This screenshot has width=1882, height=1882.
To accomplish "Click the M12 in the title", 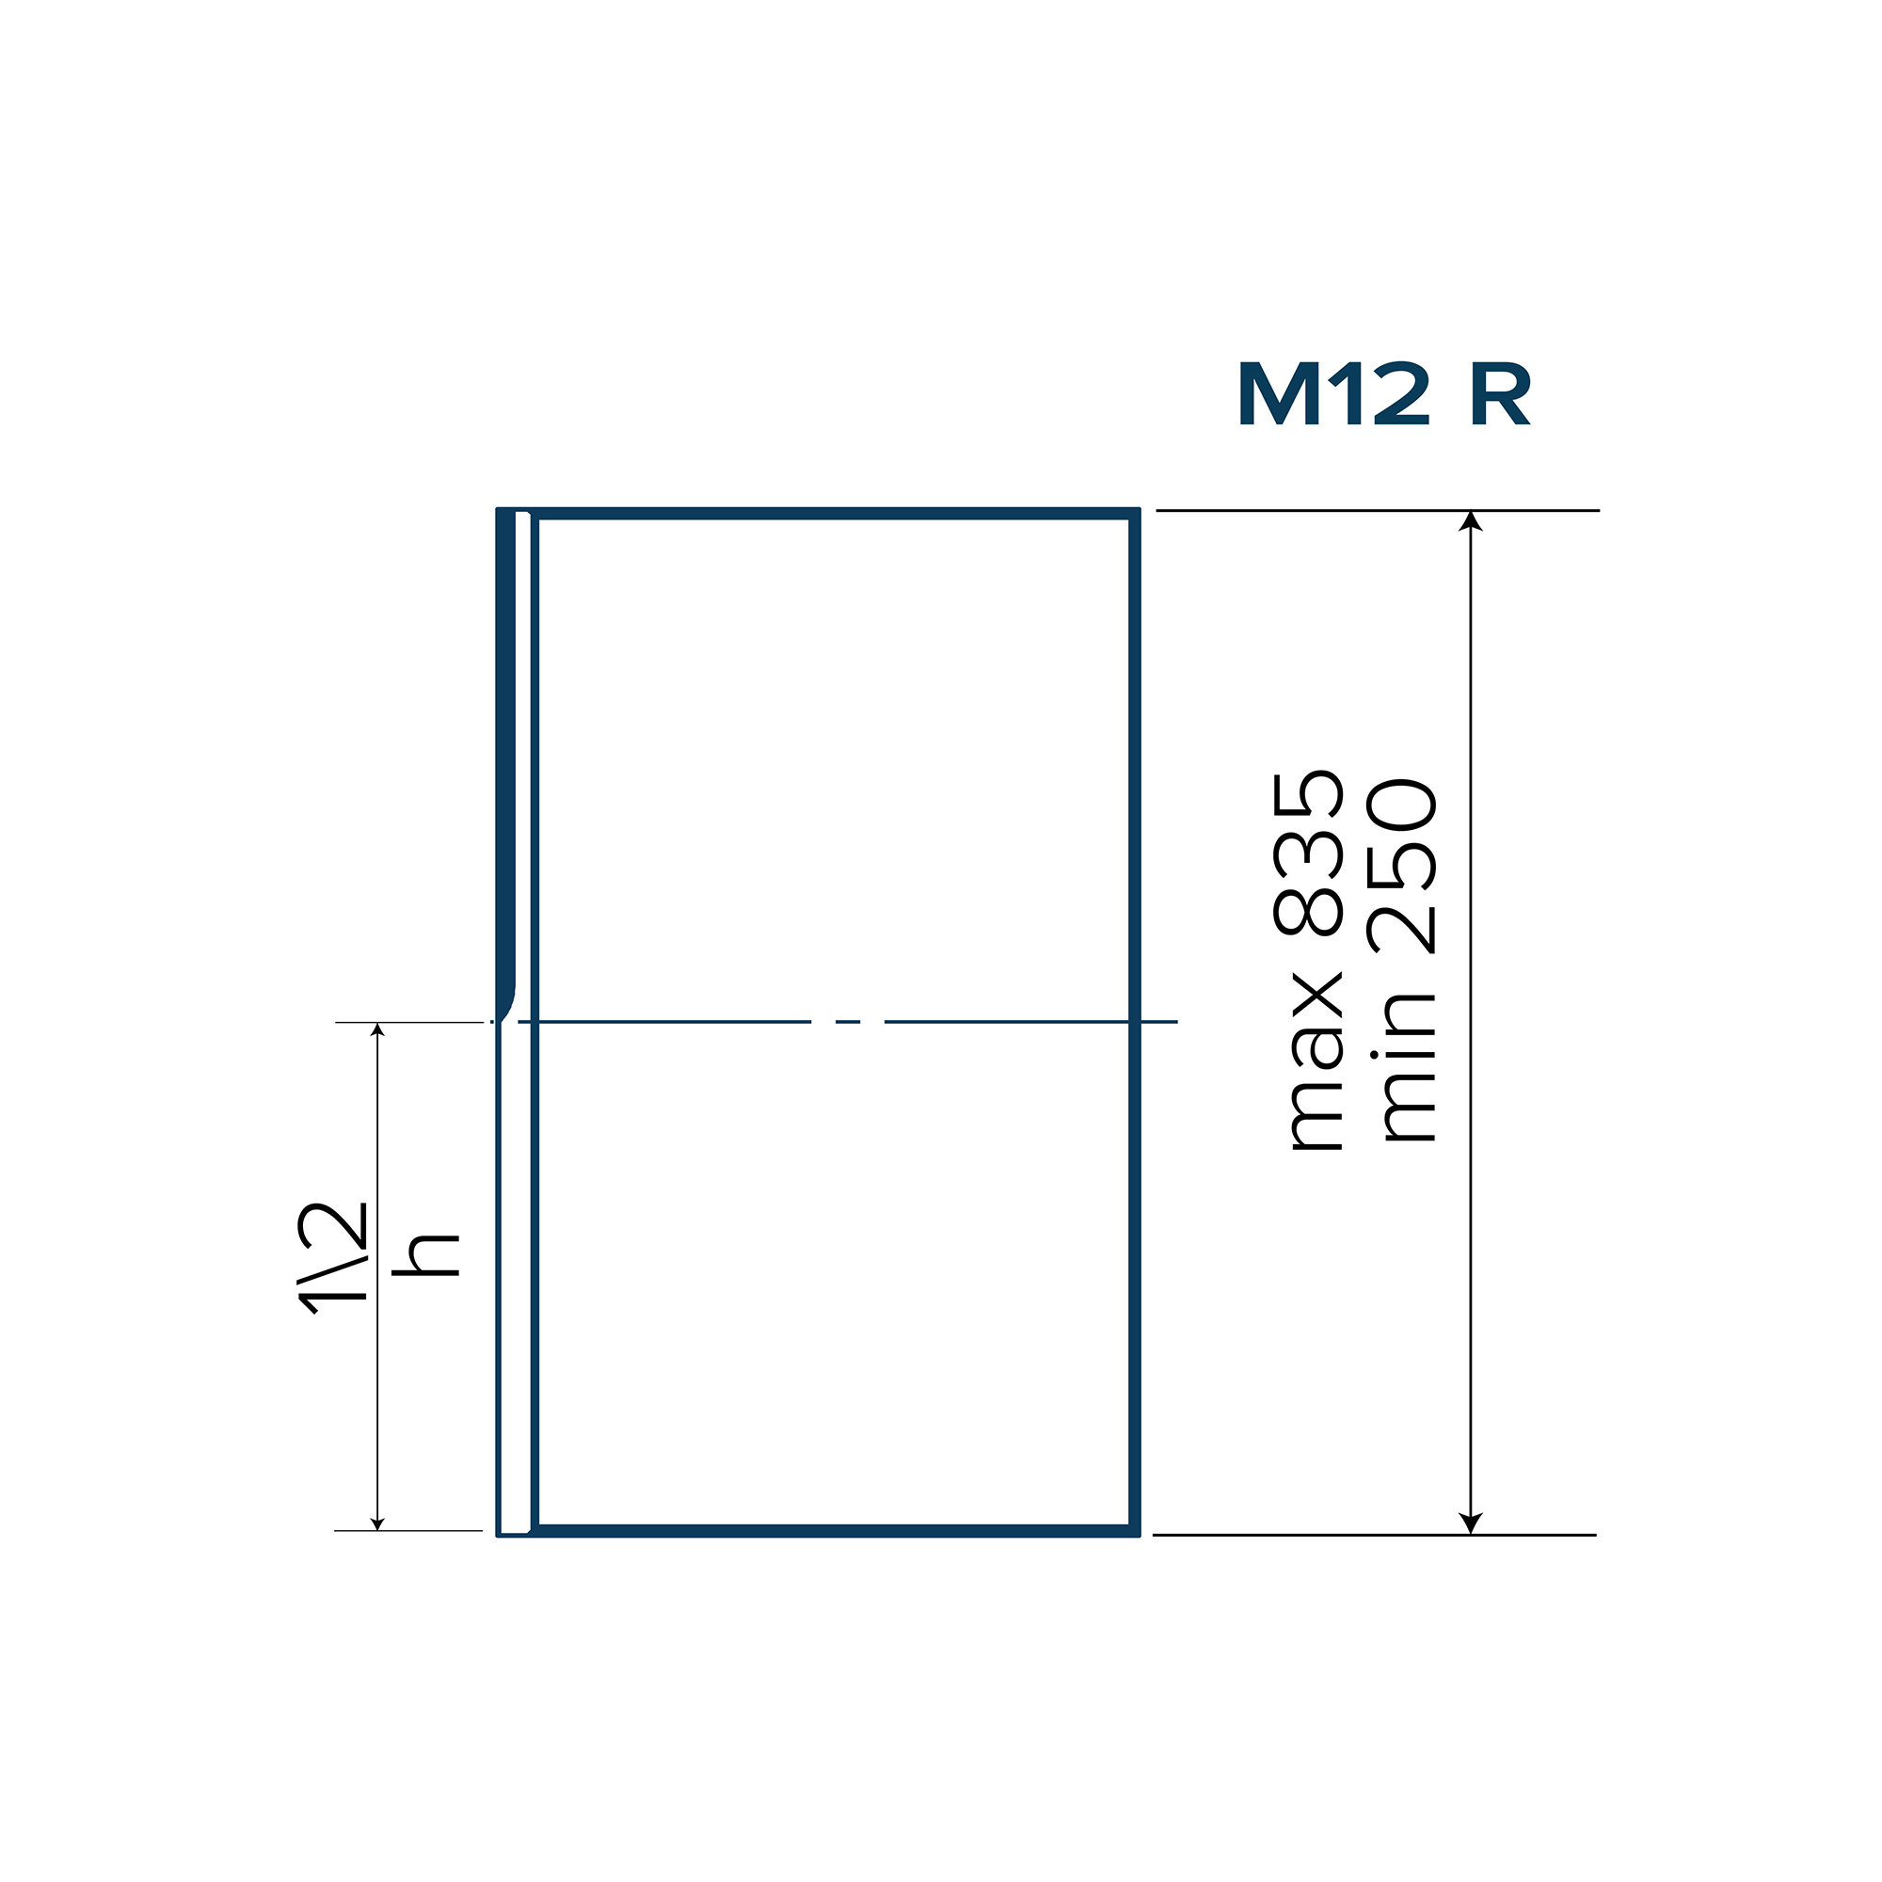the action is click(x=1332, y=394).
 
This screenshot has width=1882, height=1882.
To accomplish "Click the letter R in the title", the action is click(x=1499, y=394).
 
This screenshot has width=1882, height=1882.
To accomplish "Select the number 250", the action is click(x=1401, y=866).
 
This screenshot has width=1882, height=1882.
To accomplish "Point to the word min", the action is click(x=1401, y=1067).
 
